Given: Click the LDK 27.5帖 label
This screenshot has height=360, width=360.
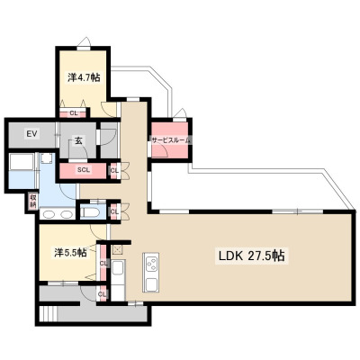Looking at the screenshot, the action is click(x=251, y=256).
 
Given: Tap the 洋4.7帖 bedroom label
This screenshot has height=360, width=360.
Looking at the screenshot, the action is click(x=84, y=77).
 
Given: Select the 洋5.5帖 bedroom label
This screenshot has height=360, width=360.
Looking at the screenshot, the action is click(x=70, y=253).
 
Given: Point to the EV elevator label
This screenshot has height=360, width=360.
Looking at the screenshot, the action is click(x=31, y=134).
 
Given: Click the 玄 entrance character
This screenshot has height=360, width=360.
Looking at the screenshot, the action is click(x=78, y=140).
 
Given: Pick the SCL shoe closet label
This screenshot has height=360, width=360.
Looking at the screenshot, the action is click(x=84, y=170).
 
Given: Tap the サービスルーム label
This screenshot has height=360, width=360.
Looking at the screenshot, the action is click(x=171, y=139).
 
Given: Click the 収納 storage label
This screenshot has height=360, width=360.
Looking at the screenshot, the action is click(x=32, y=202).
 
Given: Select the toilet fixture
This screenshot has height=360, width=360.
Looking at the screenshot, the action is click(x=89, y=212).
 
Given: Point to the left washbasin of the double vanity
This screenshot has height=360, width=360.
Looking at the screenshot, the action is click(x=48, y=214).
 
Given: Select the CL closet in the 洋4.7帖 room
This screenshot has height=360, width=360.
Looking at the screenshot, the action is click(x=73, y=113).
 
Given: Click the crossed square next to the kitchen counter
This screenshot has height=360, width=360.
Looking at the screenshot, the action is click(x=117, y=249).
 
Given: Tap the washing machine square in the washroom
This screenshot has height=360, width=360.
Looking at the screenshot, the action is click(x=46, y=159).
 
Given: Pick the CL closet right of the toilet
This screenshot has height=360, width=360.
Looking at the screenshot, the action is click(x=114, y=211).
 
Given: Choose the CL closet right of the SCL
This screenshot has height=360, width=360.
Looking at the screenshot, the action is click(x=114, y=171).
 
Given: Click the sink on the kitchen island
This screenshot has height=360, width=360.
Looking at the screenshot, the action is click(x=151, y=283).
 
